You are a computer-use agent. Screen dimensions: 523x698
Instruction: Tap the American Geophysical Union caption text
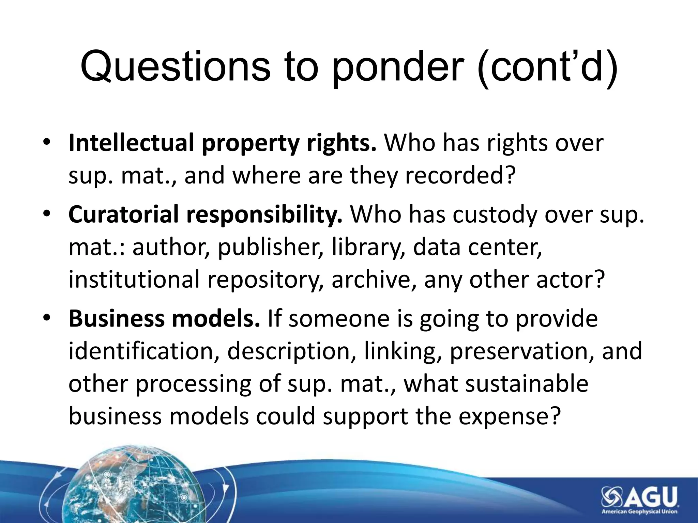(639, 511)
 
